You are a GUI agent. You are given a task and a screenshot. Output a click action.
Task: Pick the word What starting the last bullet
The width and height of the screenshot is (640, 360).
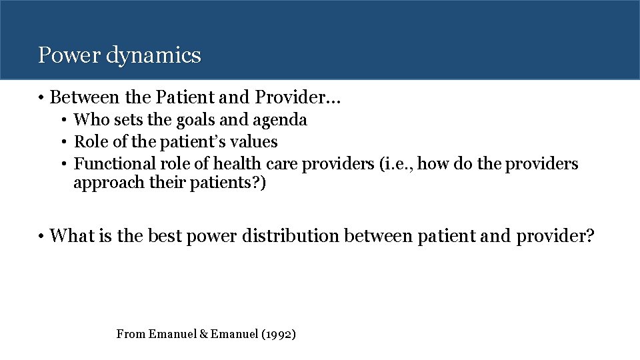pos(72,235)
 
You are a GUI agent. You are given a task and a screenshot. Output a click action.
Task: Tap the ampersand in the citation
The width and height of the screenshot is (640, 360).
pos(204,334)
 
